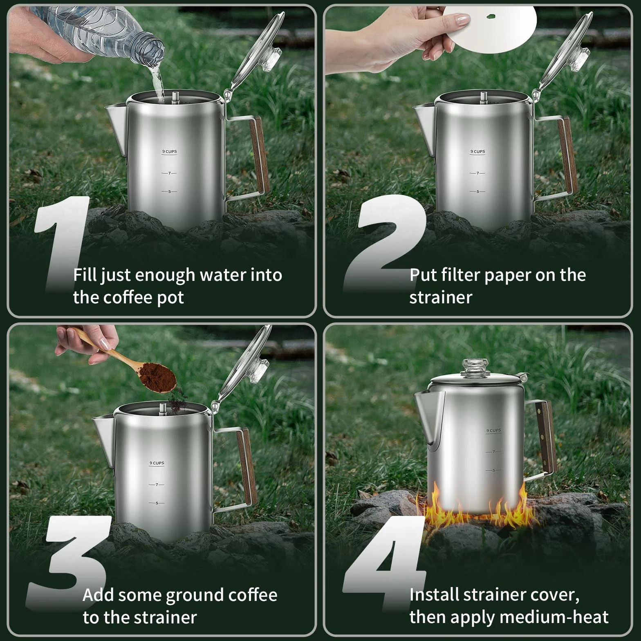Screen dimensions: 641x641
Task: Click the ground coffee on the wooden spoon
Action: point(157,376)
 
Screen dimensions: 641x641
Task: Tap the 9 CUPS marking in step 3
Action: point(157,463)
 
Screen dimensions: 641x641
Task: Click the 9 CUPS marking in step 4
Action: point(493,430)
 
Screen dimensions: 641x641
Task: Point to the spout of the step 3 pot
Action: point(104,439)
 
